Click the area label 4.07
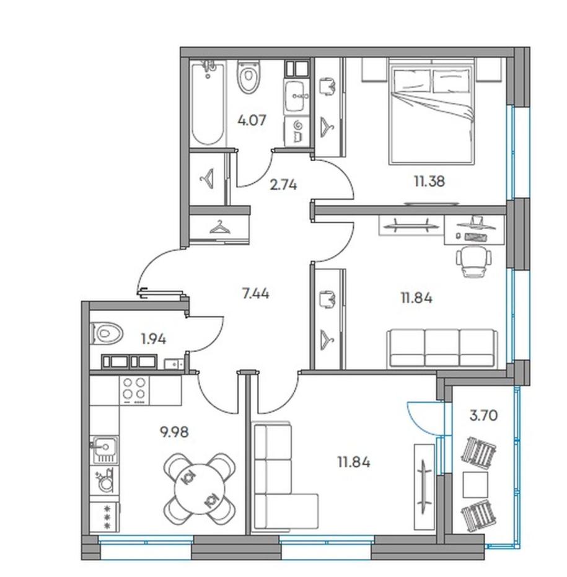[252, 120]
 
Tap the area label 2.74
[283, 184]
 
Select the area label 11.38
[429, 181]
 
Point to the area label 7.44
[255, 294]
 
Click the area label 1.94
[154, 339]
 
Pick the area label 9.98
[174, 431]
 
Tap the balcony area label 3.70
[483, 416]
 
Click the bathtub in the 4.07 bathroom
[208, 103]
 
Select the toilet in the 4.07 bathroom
[248, 77]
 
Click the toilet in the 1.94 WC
[105, 334]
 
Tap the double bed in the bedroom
[431, 112]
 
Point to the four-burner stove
[134, 391]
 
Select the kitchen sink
[105, 450]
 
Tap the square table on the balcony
[475, 485]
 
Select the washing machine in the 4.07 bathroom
[297, 131]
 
